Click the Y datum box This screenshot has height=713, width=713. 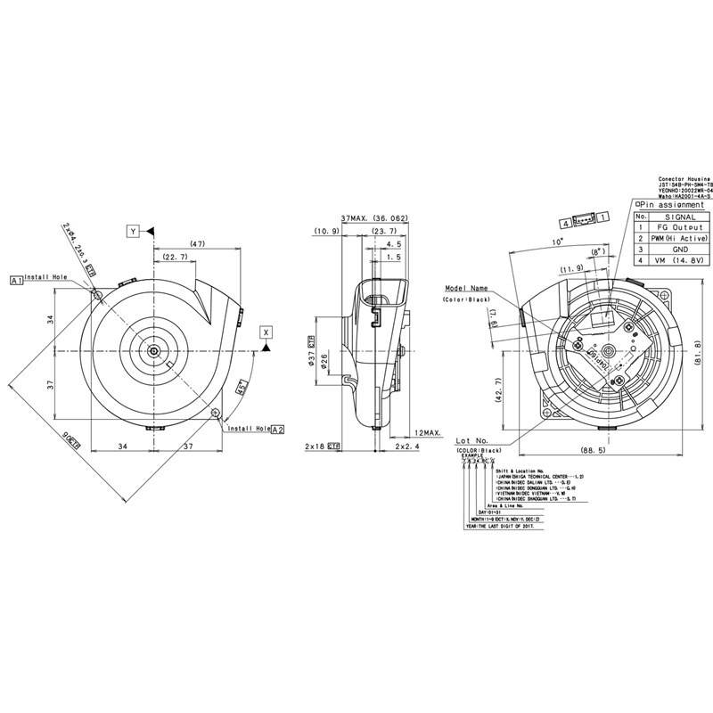(x=133, y=232)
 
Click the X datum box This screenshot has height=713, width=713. (x=265, y=332)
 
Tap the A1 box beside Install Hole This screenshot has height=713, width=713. (x=15, y=279)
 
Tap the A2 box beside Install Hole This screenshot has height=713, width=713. (x=277, y=429)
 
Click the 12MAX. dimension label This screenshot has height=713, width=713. (x=427, y=432)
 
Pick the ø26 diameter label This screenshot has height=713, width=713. (x=324, y=361)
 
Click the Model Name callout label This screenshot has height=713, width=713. (x=467, y=289)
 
